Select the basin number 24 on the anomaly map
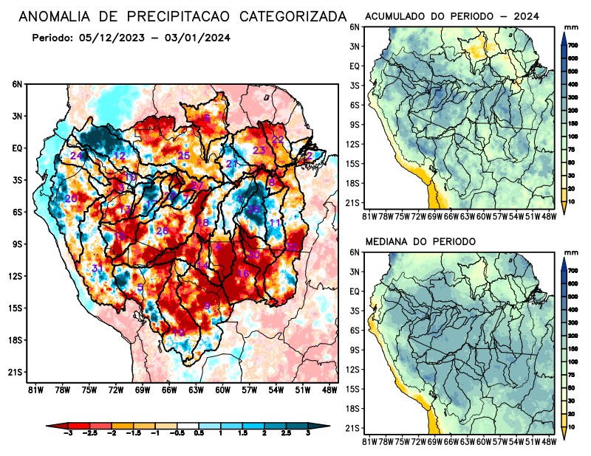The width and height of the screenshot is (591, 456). pos(76,156)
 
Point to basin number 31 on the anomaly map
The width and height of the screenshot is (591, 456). pos(97,268)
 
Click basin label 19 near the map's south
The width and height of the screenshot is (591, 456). pos(179,333)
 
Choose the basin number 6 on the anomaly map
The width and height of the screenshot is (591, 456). pos(208,118)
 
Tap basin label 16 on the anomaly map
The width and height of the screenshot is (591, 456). pos(242,274)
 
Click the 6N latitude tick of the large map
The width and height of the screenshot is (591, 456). pos(17,85)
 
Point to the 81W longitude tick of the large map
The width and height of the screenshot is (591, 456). pos(33,390)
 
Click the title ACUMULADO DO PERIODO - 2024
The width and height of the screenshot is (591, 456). pos(452,15)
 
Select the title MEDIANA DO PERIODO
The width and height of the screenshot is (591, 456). pos(420,241)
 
